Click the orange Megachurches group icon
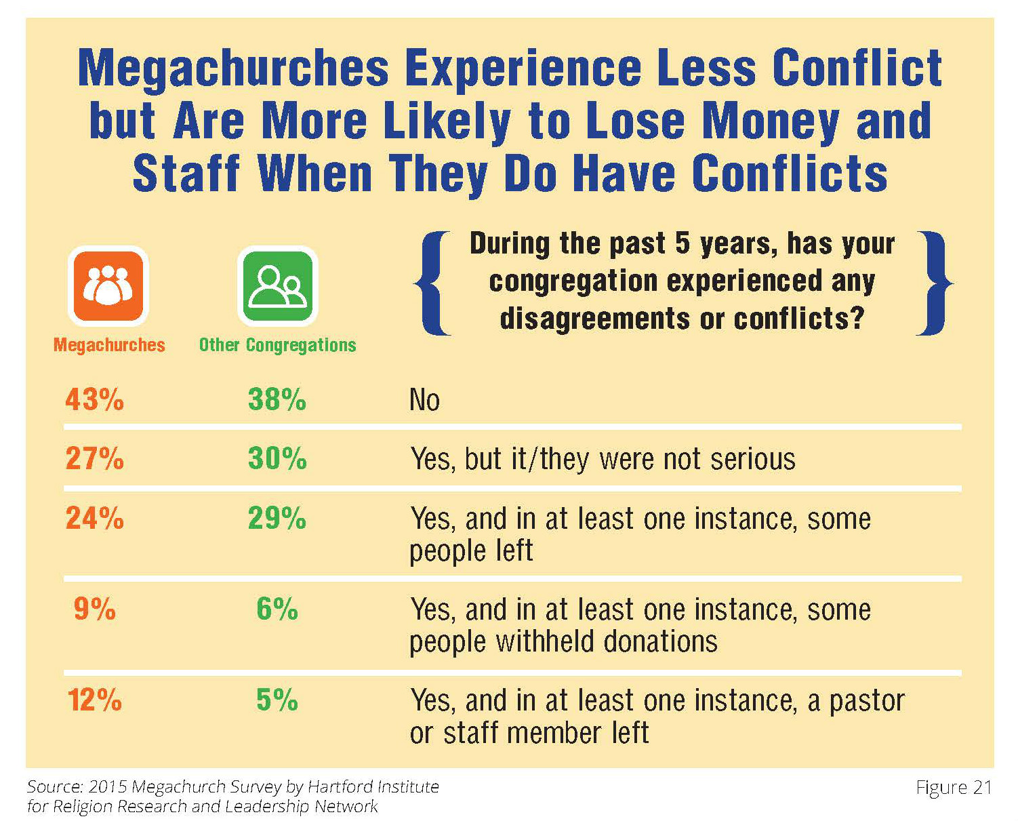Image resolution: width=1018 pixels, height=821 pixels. click(108, 285)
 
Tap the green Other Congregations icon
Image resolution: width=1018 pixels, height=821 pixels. click(277, 285)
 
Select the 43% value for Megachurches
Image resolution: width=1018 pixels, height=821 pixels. click(94, 399)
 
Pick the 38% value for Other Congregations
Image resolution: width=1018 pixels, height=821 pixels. click(277, 399)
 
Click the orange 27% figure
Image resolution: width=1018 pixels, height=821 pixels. click(94, 459)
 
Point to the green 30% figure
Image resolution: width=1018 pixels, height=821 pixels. click(277, 459)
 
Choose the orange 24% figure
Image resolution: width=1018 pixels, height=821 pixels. click(94, 519)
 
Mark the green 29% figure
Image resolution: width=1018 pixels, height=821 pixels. click(277, 519)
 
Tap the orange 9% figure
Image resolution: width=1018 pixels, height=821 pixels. click(94, 609)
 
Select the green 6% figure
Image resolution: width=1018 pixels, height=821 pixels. click(277, 609)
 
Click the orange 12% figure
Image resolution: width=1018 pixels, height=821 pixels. click(94, 700)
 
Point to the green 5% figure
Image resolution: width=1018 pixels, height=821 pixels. click(277, 700)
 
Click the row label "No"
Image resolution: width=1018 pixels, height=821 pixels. click(424, 400)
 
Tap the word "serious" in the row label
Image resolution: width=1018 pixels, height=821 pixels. click(752, 460)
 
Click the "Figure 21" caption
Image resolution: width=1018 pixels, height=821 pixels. click(954, 787)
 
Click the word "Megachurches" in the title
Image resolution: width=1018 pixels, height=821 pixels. click(234, 68)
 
